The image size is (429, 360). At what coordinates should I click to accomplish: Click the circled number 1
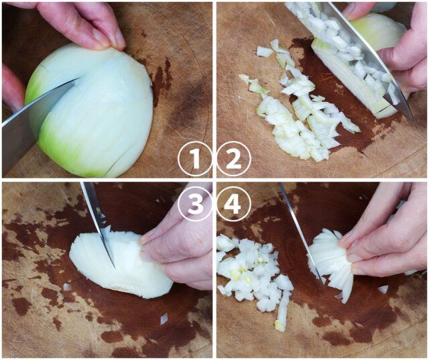pos(195,159)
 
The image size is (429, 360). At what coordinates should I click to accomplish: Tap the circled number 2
pos(234,159)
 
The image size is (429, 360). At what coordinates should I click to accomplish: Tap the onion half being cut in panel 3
pos(121,263)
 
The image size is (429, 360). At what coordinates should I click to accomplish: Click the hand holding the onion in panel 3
pos(178,246)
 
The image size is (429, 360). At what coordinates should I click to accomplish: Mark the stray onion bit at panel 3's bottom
pos(164,318)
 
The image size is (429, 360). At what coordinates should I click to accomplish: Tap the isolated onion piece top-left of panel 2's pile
pos(264,52)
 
